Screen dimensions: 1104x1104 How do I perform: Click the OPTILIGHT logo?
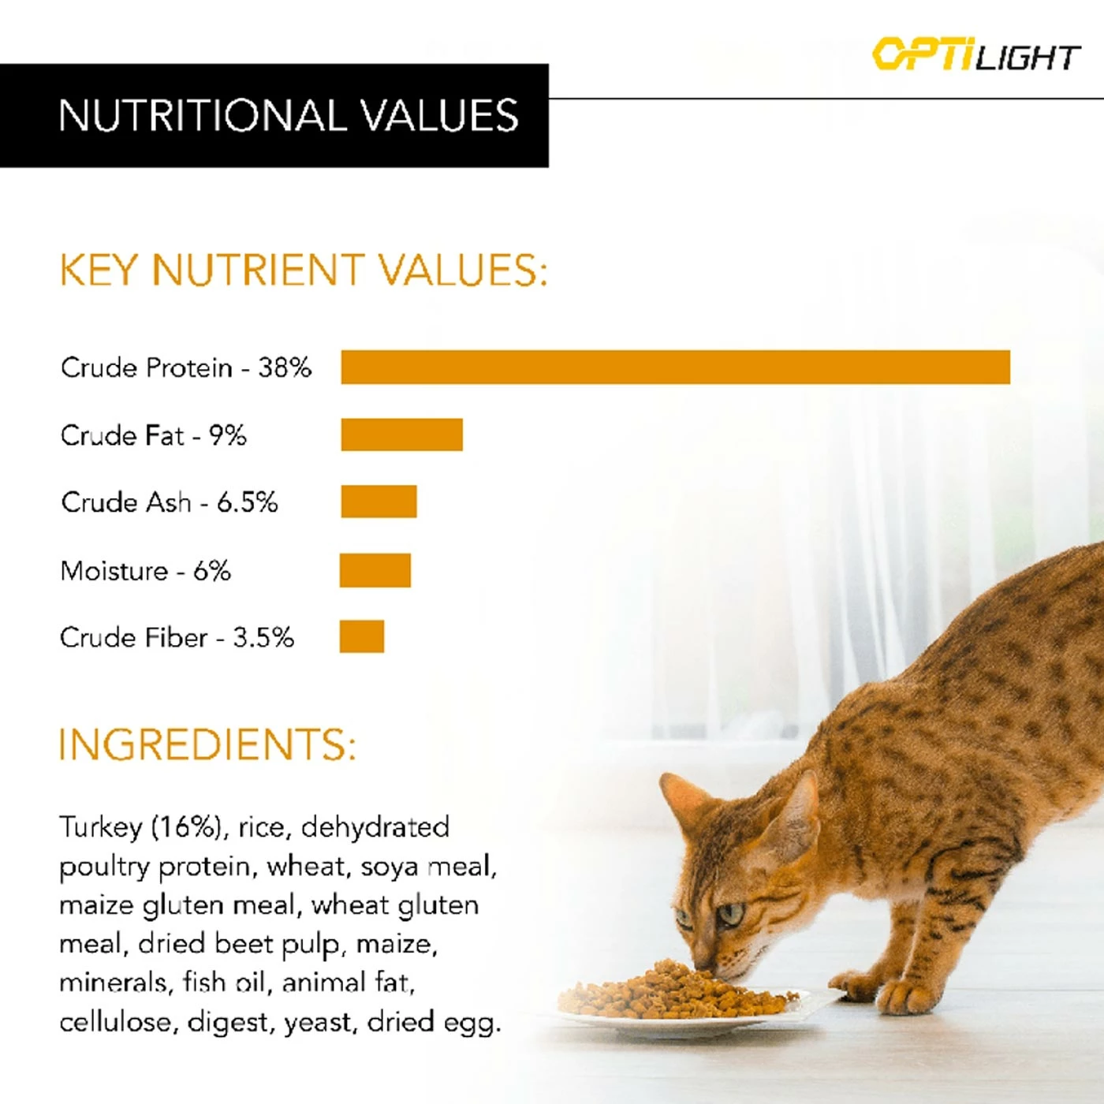click(x=975, y=55)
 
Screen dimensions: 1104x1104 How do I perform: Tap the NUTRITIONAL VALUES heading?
click(x=289, y=116)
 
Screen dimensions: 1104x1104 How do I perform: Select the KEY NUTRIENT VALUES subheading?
click(x=304, y=270)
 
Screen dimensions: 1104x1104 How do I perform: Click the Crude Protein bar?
click(x=675, y=367)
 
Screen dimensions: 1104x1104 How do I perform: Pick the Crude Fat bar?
click(x=401, y=435)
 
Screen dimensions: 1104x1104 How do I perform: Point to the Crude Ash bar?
click(x=379, y=502)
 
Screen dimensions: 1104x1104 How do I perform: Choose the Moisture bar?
click(x=375, y=570)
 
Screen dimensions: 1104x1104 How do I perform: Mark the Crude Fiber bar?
click(x=362, y=636)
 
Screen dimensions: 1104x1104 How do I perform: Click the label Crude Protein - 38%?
click(x=186, y=367)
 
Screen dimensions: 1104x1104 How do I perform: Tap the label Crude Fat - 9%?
click(x=154, y=435)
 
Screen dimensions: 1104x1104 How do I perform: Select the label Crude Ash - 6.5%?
click(x=170, y=502)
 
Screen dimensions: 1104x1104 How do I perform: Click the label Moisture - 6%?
click(x=146, y=570)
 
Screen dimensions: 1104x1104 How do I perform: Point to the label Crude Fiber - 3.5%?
click(x=177, y=637)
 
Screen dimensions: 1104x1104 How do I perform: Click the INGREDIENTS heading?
click(x=208, y=744)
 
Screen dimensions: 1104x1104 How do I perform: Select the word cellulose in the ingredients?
click(x=119, y=1022)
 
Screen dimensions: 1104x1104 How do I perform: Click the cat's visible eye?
click(x=729, y=915)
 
